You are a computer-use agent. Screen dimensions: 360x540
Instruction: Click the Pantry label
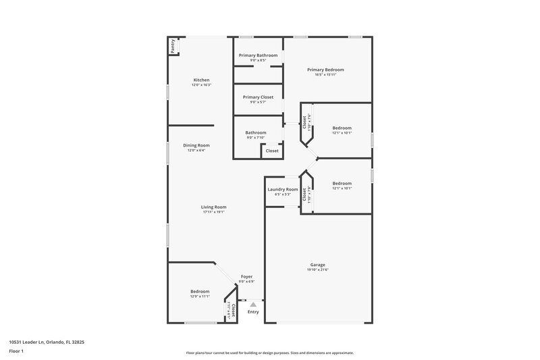tap(173, 46)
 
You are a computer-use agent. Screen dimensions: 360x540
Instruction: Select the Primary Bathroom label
tap(259, 55)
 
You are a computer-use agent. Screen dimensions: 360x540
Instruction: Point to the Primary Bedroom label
tap(325, 70)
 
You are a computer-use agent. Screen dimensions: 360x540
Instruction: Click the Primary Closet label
tap(258, 97)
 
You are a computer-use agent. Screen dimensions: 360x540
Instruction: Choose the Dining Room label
tap(196, 145)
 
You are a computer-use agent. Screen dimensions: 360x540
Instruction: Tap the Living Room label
tap(213, 207)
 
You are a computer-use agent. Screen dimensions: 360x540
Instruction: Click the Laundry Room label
tap(282, 190)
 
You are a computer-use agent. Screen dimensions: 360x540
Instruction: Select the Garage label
tap(318, 265)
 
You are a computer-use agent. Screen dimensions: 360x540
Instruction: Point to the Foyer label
tap(248, 277)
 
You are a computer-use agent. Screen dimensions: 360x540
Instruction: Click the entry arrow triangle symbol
tap(253, 305)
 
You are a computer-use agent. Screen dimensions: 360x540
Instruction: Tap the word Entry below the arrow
tap(253, 312)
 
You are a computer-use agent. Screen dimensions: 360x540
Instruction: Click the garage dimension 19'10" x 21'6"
tap(318, 270)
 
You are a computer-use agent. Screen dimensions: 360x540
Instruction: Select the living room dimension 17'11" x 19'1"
tap(213, 213)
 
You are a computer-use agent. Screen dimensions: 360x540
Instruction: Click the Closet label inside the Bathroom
tap(272, 151)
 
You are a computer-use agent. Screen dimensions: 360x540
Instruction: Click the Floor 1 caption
tap(17, 352)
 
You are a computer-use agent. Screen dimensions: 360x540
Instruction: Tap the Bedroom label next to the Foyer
tap(200, 291)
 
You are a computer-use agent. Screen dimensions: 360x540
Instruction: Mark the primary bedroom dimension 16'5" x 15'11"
tap(325, 75)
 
